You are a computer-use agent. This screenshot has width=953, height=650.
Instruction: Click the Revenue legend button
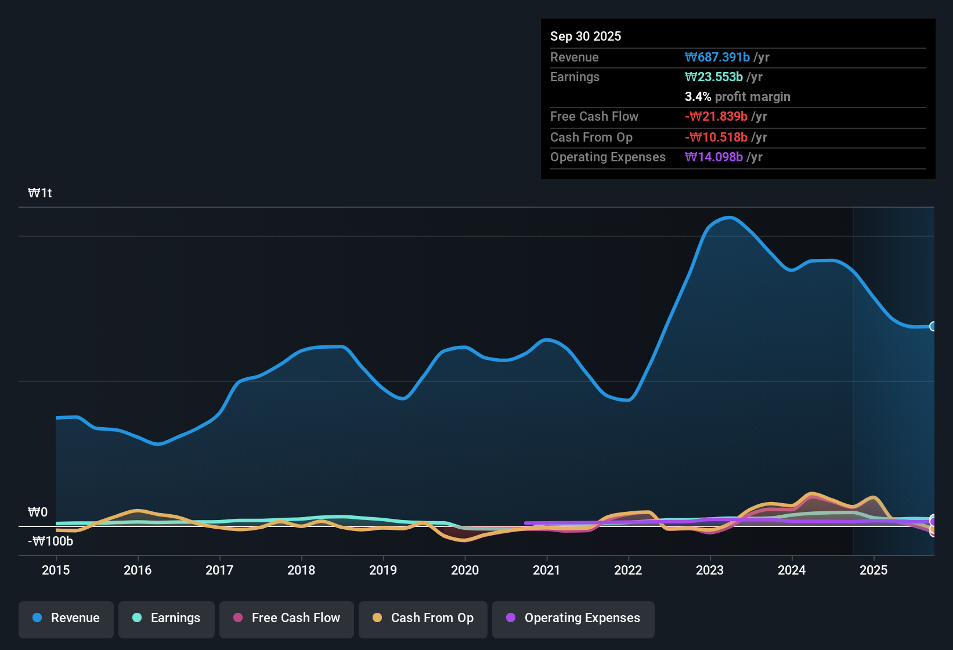click(x=66, y=618)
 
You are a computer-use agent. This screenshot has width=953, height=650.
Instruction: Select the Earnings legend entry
click(x=167, y=618)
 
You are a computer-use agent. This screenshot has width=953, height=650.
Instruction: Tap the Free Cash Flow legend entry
click(x=287, y=618)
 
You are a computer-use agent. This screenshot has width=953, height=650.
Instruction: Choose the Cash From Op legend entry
click(x=423, y=618)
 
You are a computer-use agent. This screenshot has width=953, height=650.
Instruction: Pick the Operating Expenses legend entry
click(x=573, y=618)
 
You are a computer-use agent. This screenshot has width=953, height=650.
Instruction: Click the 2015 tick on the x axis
click(x=56, y=570)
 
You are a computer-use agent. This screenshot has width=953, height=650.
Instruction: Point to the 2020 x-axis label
click(x=465, y=570)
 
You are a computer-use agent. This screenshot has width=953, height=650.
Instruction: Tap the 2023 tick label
click(x=710, y=570)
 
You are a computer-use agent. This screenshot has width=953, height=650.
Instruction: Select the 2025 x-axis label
click(x=873, y=570)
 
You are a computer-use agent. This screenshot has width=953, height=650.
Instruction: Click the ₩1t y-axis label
click(x=40, y=193)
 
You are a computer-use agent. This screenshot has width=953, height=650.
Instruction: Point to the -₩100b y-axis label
click(x=50, y=541)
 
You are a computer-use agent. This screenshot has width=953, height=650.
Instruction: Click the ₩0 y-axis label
click(x=38, y=512)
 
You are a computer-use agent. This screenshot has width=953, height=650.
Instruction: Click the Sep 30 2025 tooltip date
click(x=586, y=36)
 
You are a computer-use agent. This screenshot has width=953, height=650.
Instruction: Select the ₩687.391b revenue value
click(x=717, y=57)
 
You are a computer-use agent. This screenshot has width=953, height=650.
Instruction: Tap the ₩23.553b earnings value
click(x=714, y=77)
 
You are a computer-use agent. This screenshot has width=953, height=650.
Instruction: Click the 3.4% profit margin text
click(x=737, y=96)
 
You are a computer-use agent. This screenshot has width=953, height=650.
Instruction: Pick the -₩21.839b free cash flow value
click(x=716, y=116)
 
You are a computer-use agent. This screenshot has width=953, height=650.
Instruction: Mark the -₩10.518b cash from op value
click(x=716, y=137)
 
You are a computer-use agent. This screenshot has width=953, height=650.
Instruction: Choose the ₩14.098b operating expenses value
click(x=714, y=157)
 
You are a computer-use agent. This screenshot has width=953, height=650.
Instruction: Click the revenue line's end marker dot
click(x=933, y=326)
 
